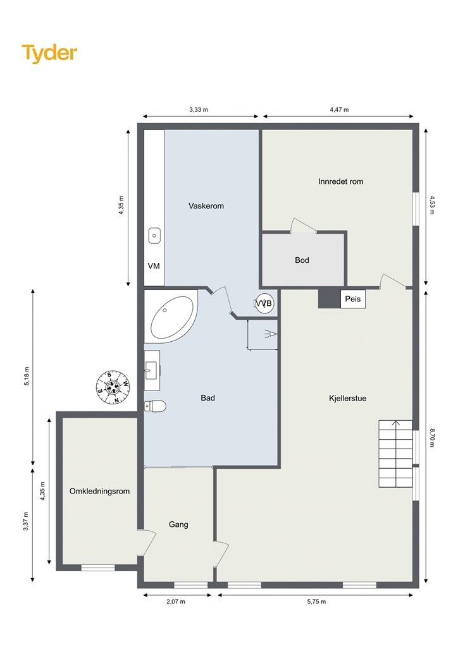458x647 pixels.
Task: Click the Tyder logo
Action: click(49, 53)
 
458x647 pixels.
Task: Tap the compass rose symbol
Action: click(113, 387)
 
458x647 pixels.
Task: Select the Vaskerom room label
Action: click(206, 205)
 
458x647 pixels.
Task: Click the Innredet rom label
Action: click(341, 181)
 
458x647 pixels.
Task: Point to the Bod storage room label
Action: click(302, 260)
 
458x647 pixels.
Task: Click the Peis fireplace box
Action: click(353, 299)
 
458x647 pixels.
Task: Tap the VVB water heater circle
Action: click(264, 304)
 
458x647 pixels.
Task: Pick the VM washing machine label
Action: click(154, 266)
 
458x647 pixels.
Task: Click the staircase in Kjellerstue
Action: click(395, 454)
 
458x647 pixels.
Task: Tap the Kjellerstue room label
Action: click(348, 398)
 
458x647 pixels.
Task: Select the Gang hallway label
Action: click(178, 524)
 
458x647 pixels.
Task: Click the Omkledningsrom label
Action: click(99, 491)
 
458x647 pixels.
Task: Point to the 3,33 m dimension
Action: click(199, 110)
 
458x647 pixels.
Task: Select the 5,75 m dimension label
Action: click(316, 602)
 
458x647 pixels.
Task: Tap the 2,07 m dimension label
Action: click(176, 602)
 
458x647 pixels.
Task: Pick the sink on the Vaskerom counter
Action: click(154, 236)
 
